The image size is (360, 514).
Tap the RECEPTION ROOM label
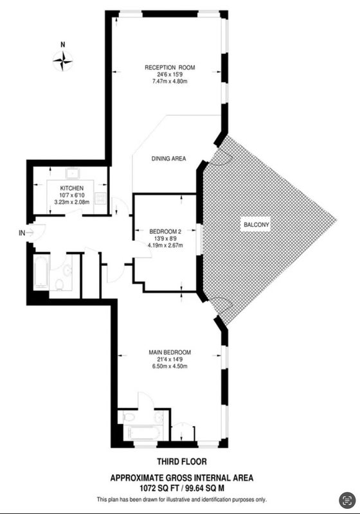point(170,67)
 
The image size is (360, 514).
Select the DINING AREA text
point(168,159)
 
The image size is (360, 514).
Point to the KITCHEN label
point(71,188)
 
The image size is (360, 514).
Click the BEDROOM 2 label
point(165,231)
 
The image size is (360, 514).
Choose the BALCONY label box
point(256,225)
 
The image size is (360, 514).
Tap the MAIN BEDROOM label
point(170,352)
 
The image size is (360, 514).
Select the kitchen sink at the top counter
point(72,173)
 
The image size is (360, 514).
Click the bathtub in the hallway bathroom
point(42,272)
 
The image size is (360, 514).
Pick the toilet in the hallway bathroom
point(59,284)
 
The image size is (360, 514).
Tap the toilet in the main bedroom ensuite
point(129,417)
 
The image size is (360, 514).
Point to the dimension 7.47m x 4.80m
point(170,82)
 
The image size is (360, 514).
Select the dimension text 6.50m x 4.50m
point(170,366)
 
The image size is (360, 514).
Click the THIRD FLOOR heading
point(182,462)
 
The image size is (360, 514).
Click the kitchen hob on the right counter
point(100,198)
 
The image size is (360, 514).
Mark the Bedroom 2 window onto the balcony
point(199,239)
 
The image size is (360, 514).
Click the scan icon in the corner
point(347,501)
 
